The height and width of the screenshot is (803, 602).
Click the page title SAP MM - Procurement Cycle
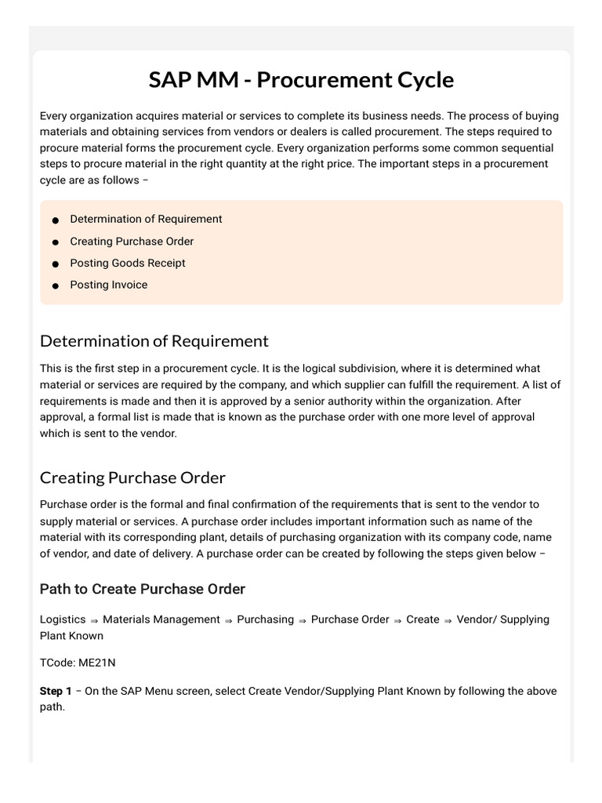[301, 80]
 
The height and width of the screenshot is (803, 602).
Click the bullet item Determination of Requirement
[146, 220]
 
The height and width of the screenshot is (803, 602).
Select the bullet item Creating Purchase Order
[132, 242]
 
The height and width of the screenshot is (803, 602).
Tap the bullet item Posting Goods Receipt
[128, 263]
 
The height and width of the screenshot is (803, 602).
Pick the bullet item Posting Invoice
[108, 285]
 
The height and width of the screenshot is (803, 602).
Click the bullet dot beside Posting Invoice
[56, 286]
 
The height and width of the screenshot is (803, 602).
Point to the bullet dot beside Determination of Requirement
[56, 220]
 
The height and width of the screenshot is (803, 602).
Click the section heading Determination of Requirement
[154, 341]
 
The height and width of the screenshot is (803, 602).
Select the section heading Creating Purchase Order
[132, 478]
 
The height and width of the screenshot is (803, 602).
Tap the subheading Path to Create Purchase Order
[143, 589]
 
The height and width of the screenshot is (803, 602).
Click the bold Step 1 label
[56, 691]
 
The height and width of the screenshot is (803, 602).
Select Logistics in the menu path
[63, 620]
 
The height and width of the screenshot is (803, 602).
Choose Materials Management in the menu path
[161, 620]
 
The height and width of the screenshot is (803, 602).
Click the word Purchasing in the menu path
[265, 620]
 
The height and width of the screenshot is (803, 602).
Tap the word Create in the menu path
[422, 620]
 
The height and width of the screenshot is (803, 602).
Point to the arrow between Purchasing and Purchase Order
[303, 620]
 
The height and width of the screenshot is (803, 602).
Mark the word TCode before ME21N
[55, 663]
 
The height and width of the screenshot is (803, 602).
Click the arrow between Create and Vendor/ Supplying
[448, 620]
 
